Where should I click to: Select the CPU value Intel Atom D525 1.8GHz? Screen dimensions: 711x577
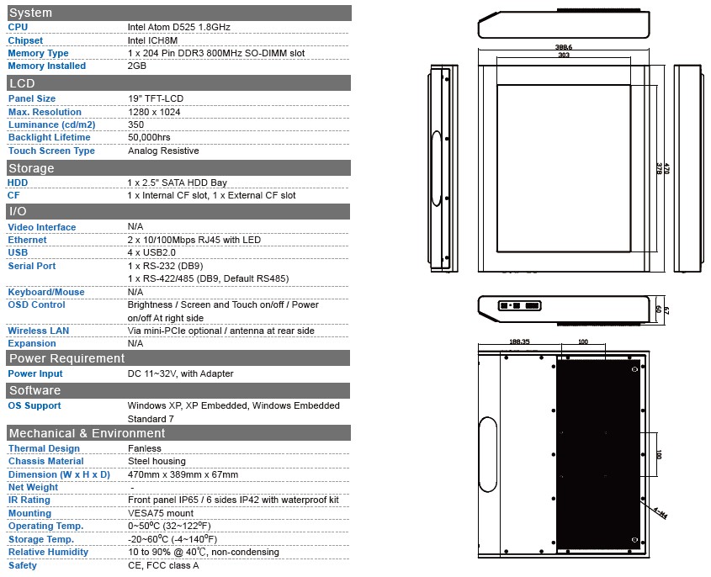click(x=178, y=27)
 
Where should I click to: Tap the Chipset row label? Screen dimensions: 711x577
click(x=25, y=40)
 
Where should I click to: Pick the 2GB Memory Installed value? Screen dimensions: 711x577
click(x=137, y=66)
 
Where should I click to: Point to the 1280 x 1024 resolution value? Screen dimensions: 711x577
click(x=154, y=112)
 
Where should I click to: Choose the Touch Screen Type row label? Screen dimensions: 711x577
click(x=51, y=151)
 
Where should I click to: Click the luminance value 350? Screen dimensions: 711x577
click(x=136, y=124)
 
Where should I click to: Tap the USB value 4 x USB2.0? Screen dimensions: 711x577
click(x=151, y=252)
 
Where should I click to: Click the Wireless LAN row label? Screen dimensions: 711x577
click(x=39, y=331)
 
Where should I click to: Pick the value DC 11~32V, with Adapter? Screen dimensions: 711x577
click(x=180, y=373)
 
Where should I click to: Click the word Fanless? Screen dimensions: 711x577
click(x=145, y=448)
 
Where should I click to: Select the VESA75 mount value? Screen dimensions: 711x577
click(x=161, y=513)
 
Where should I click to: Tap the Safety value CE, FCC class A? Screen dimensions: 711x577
click(x=163, y=565)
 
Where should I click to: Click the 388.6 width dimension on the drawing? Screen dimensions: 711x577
click(x=564, y=47)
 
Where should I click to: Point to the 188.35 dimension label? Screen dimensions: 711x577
click(x=519, y=341)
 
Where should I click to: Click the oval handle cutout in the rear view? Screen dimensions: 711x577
click(x=488, y=454)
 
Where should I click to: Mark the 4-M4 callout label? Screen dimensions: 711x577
click(x=661, y=513)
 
